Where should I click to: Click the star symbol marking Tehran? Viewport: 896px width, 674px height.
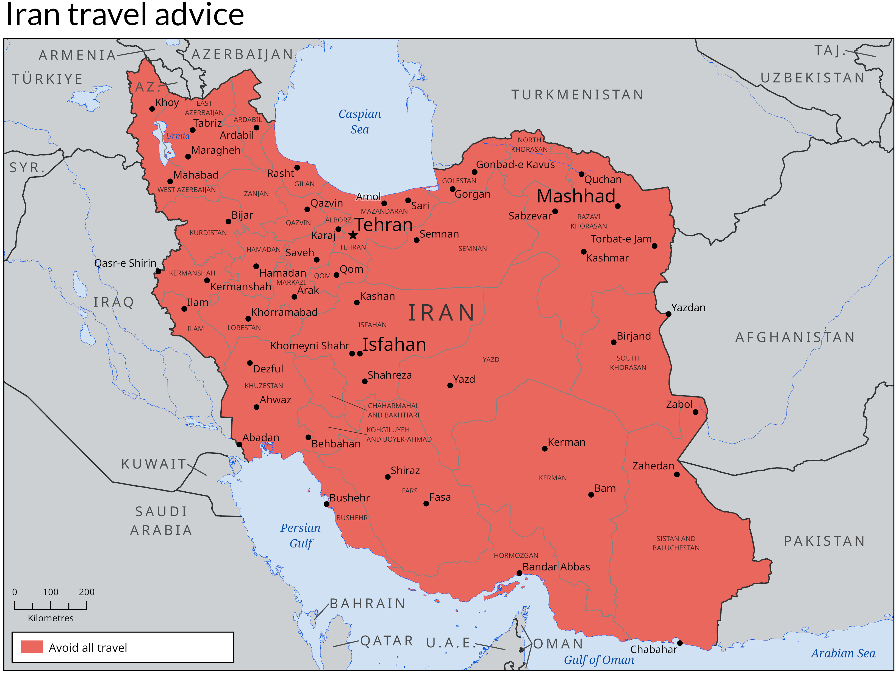tap(353, 235)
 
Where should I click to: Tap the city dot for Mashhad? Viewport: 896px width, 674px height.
tap(617, 206)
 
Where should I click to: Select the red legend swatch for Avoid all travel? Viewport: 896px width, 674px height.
tap(32, 647)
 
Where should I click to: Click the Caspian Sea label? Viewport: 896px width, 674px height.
tap(360, 121)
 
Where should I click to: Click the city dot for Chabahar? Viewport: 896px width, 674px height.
tap(680, 643)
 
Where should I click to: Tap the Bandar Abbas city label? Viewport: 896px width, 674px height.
tap(556, 567)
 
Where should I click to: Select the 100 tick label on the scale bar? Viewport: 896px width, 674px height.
tap(51, 592)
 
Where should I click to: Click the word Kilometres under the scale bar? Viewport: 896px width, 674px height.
tap(51, 618)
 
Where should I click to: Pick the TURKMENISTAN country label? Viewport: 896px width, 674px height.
tap(577, 95)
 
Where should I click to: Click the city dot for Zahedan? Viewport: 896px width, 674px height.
tap(677, 474)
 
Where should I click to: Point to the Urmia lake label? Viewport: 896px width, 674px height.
tap(177, 136)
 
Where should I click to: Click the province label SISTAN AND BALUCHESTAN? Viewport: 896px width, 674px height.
tap(676, 543)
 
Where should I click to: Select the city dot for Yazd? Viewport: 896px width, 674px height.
tap(450, 385)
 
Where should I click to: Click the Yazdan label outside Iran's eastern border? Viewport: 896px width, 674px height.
tap(688, 308)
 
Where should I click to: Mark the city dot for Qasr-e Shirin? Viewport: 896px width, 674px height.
tap(158, 271)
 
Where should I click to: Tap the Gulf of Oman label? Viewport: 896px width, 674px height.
tap(599, 660)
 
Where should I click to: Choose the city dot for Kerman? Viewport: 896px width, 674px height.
tap(544, 449)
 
